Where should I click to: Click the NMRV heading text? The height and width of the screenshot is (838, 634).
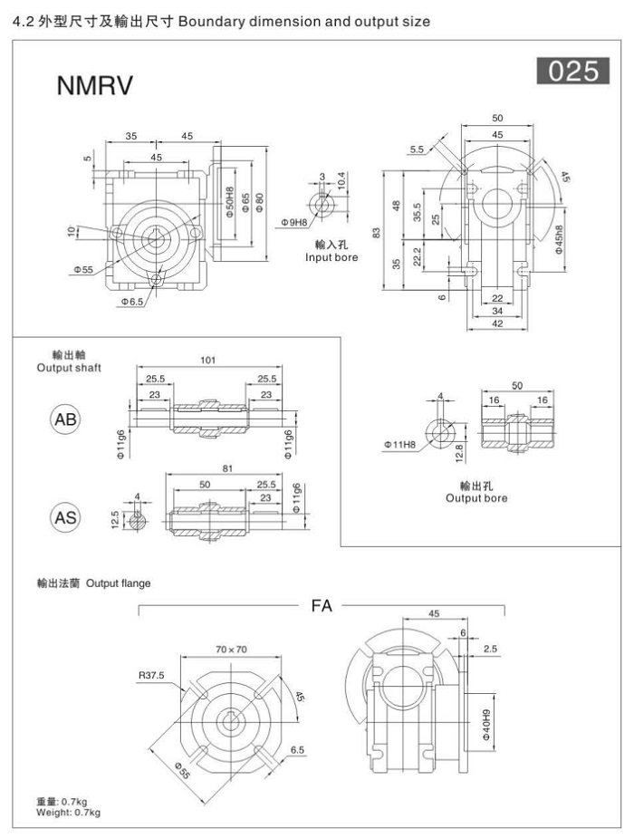[x=95, y=86]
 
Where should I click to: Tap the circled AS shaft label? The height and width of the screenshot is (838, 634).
[x=66, y=517]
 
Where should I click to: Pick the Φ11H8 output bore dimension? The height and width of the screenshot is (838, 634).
[x=399, y=445]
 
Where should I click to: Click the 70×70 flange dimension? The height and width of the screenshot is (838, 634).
[x=231, y=649]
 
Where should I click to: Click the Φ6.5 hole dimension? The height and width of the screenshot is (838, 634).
[x=132, y=302]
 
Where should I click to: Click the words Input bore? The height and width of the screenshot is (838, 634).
[x=332, y=257]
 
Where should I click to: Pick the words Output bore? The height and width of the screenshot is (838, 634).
[x=476, y=498]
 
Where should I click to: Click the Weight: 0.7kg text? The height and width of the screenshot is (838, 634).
[x=68, y=813]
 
